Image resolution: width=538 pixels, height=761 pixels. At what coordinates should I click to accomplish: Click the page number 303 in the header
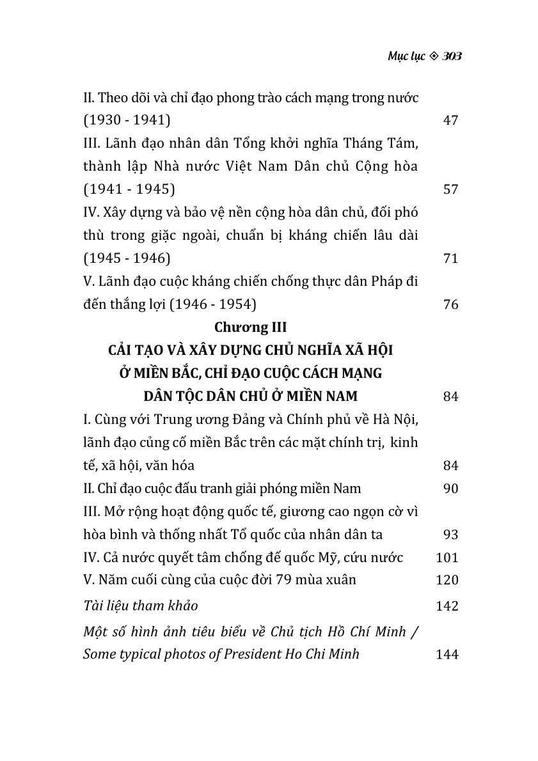point(452,56)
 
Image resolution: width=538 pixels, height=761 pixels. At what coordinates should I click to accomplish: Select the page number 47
point(450,120)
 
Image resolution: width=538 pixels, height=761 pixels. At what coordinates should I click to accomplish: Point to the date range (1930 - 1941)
point(127,120)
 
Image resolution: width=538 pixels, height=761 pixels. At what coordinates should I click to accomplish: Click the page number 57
point(450,189)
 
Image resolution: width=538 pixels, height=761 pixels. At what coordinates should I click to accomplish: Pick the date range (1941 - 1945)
point(129,189)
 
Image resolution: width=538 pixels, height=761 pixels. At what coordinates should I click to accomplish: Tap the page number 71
point(450,258)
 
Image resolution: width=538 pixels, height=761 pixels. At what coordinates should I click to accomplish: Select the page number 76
point(450,304)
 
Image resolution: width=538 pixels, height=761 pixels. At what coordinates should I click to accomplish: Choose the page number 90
point(450,489)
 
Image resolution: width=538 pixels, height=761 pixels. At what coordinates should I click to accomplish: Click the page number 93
point(450,535)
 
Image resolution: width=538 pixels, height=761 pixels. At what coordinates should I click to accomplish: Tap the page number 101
point(447,558)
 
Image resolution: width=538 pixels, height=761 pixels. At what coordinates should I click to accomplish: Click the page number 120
point(447,580)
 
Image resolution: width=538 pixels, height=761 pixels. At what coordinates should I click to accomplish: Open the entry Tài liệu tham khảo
point(141,606)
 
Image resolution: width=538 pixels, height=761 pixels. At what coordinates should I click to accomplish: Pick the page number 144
point(447,654)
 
